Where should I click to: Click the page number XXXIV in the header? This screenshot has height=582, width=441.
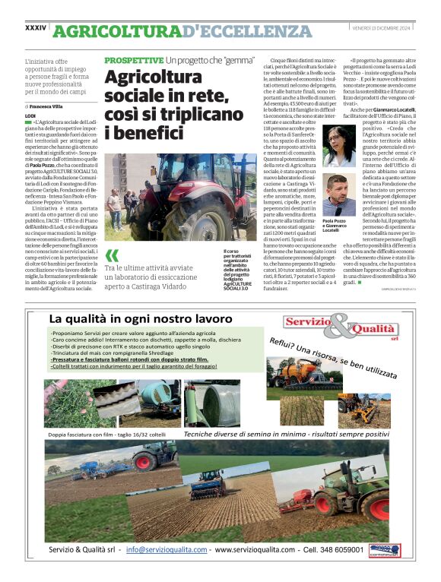(36, 28)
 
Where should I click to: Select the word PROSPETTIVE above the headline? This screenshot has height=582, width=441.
(134, 60)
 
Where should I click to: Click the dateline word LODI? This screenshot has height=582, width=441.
(30, 115)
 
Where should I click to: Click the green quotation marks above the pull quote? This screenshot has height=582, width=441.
(113, 256)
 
